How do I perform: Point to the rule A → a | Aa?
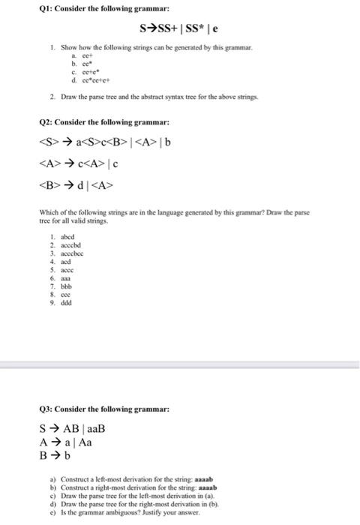click(67, 442)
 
